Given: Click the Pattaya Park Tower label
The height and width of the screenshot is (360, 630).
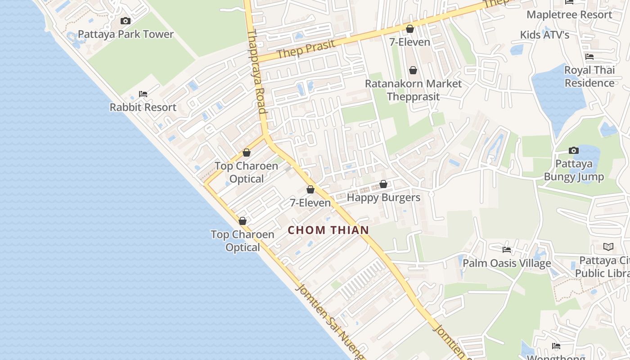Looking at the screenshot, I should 126,34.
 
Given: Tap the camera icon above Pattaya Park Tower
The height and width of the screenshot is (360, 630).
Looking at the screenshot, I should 126,21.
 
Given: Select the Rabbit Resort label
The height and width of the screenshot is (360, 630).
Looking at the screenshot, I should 143,107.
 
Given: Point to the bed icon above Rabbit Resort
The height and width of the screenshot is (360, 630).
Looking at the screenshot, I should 143,94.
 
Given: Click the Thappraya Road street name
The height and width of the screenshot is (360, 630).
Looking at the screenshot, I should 257,72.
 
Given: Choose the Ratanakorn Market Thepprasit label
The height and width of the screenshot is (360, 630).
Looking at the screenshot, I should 413,90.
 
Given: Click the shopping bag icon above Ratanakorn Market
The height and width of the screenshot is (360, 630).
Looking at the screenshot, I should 413,70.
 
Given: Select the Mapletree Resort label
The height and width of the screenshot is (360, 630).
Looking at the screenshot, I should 569,14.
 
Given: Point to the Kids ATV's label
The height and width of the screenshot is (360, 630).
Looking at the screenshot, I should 544,35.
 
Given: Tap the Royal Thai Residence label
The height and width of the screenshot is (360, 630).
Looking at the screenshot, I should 589,76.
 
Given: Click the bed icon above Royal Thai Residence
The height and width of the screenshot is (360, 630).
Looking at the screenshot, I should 589,57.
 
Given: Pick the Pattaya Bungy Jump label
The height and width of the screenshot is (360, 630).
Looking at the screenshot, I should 574,170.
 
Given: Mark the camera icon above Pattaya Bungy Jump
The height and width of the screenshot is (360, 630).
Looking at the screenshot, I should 574,150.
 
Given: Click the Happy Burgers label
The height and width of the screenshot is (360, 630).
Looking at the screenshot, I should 383,198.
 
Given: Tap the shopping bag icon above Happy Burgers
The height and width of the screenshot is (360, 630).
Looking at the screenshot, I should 383,184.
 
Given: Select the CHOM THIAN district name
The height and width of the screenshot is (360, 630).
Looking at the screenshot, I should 328,230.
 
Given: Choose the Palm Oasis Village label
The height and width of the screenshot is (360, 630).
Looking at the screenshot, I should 507,263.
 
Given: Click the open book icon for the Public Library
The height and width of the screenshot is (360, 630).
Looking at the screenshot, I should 608,247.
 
